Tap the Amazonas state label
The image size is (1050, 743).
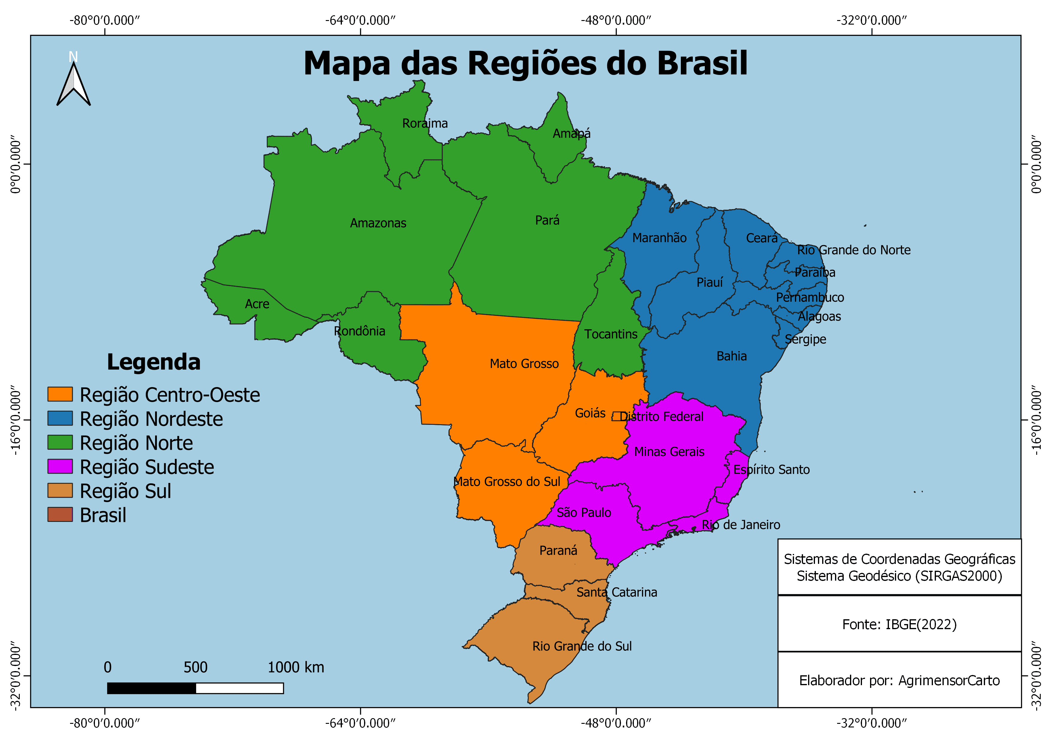378,223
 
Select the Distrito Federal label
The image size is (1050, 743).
661,417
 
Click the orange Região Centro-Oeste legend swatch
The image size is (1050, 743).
60,394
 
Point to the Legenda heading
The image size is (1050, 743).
154,362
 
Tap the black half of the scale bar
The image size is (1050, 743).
151,688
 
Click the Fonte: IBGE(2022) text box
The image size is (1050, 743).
899,624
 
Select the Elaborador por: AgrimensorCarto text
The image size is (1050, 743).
899,681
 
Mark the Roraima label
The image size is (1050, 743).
425,123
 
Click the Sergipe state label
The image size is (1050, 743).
805,339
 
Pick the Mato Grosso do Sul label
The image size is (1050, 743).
507,482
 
